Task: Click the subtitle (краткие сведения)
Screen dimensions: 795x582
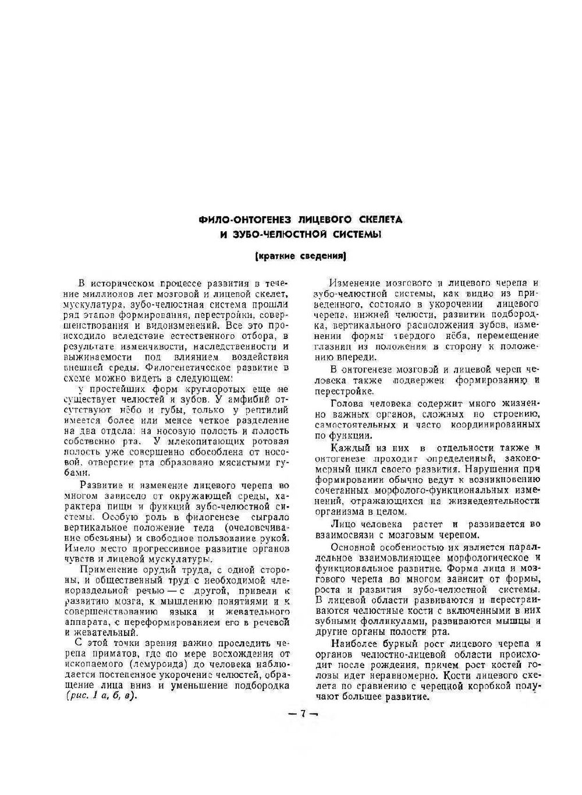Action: pyautogui.click(x=301, y=256)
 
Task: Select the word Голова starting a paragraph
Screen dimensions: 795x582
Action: pyautogui.click(x=346, y=403)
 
